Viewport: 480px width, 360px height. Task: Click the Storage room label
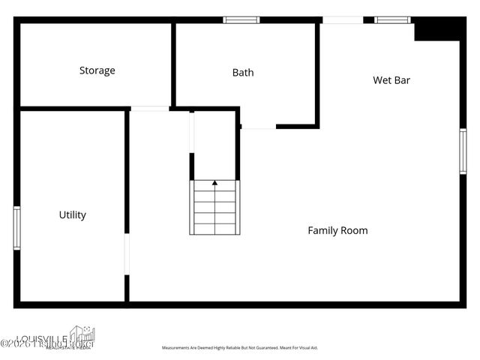[97, 70]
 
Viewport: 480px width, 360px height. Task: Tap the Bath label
[242, 73]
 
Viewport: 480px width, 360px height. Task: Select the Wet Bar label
[391, 80]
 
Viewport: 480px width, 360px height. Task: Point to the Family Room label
[337, 230]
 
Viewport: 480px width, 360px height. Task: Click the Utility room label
[72, 215]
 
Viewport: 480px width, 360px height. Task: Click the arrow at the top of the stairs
[215, 182]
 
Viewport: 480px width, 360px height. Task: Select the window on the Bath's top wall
[241, 20]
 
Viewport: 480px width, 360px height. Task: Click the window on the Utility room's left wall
[16, 227]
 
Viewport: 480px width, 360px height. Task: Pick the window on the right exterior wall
[463, 151]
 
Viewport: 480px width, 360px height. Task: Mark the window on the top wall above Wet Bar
[392, 20]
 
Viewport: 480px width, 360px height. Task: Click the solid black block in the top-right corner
[436, 29]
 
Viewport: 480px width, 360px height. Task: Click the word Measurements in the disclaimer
[179, 348]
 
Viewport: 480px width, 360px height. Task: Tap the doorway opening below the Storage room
[150, 109]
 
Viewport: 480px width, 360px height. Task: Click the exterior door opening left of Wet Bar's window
[343, 20]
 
